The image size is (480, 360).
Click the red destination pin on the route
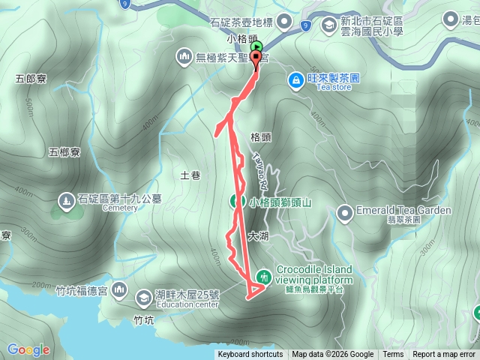point(256,58)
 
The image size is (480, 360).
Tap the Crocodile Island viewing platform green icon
point(263,276)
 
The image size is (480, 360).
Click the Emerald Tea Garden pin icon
point(344,214)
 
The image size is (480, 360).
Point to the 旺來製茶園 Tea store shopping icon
point(296,79)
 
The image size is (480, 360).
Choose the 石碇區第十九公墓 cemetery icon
point(65,201)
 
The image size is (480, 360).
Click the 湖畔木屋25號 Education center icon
point(142,298)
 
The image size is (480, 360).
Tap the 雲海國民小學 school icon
point(328,25)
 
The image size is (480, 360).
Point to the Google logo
point(28,349)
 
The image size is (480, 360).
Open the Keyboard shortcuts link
point(250,355)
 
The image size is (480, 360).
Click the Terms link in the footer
point(393,355)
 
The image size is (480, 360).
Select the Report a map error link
point(445,355)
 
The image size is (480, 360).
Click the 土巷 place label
point(190,175)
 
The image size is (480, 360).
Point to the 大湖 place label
point(257,235)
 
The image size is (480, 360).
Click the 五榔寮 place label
point(64,152)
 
